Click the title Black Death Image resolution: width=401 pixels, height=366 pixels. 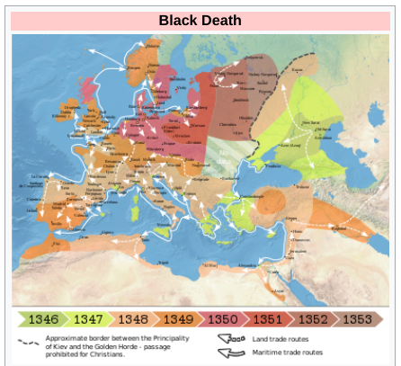200,20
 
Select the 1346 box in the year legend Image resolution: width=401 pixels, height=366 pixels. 43,318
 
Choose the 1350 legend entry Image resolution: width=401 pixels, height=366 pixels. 223,318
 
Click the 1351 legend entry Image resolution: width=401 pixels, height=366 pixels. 268,318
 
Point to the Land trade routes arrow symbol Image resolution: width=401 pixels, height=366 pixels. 231,338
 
